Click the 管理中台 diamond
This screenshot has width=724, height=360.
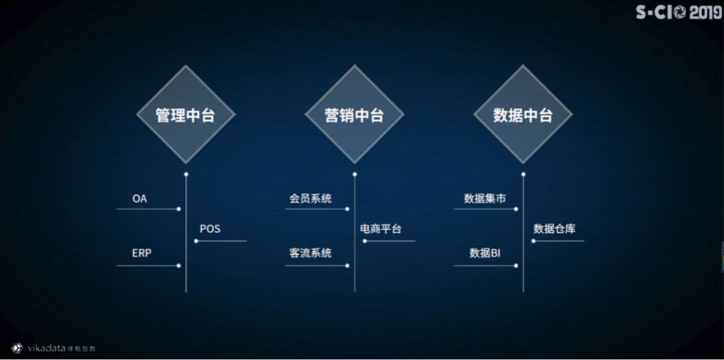coord(186,115)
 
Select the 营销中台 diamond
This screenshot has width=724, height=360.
coord(355,115)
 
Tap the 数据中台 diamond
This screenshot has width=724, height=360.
coord(523,115)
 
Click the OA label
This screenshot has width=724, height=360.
coord(139,199)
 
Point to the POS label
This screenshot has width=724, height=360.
coord(210,229)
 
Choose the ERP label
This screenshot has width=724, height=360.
coord(141,253)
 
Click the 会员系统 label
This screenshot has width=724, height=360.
coord(310,199)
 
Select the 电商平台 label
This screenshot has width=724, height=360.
coord(381,229)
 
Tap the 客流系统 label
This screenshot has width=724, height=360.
coord(310,253)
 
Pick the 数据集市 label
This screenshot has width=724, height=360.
coord(484,199)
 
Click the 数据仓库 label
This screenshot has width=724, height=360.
coord(554,229)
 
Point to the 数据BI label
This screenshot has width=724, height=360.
coord(485,253)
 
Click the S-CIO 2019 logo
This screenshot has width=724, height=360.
coord(678,13)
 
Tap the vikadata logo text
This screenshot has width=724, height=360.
coord(46,348)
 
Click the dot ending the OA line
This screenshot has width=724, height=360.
coord(178,209)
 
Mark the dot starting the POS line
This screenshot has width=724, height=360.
coord(196,241)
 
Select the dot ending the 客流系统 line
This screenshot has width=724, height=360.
coord(347,265)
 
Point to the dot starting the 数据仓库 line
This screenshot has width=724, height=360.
coord(533,241)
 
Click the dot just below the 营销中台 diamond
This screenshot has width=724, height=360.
coord(355,174)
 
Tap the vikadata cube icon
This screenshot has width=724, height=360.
coord(17,347)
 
